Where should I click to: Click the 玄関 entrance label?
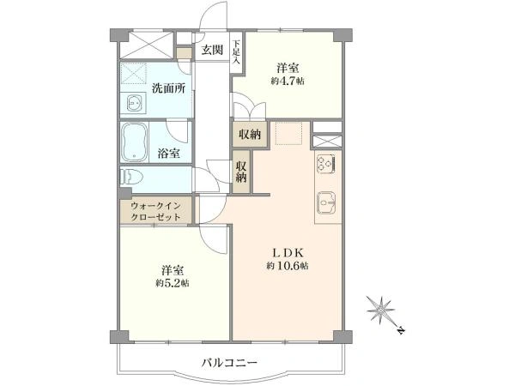pos(212,50)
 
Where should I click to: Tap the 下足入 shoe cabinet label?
pos(237,52)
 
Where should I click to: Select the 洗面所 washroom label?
pos(168,88)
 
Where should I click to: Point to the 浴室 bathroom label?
pos(168,154)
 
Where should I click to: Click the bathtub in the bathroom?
pos(134,142)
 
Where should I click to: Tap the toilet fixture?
pos(131,177)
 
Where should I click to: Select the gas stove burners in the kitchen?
pos(326,164)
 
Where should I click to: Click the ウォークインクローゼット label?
pos(155,211)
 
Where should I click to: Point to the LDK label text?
pos(288,253)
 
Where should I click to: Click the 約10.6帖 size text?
pos(288,266)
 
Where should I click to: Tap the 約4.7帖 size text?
pos(288,81)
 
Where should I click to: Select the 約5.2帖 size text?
pos(173,283)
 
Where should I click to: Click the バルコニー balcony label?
pos(229,364)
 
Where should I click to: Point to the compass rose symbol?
pos(380,309)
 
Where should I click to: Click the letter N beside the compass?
pos(401,330)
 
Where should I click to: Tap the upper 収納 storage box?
pos(250,134)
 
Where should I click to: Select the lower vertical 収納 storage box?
pos(241,172)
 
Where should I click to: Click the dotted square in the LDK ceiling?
pos(288,133)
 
